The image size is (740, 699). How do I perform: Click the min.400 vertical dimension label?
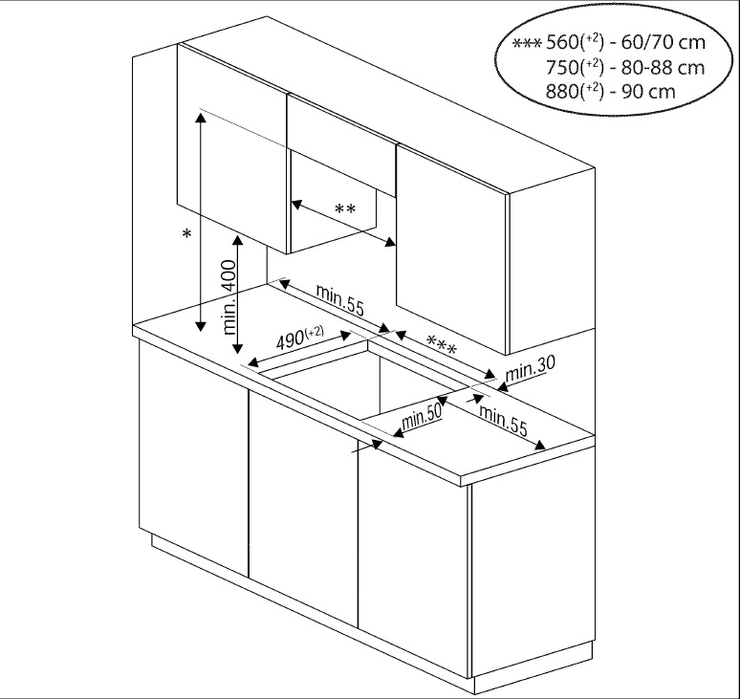coord(229,295)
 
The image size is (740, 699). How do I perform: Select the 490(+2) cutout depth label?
coord(299,339)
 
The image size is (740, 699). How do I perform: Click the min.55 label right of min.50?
coord(503,421)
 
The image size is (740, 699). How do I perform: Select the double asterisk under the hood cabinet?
coord(345,209)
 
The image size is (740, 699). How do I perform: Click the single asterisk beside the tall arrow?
coord(187,234)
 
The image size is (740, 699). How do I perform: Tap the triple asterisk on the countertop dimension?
coord(441,343)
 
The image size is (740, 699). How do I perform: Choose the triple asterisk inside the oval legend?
coord(528,45)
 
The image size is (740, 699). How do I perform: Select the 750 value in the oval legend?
coord(564,68)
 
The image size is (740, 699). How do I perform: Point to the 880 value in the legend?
coord(564,92)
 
